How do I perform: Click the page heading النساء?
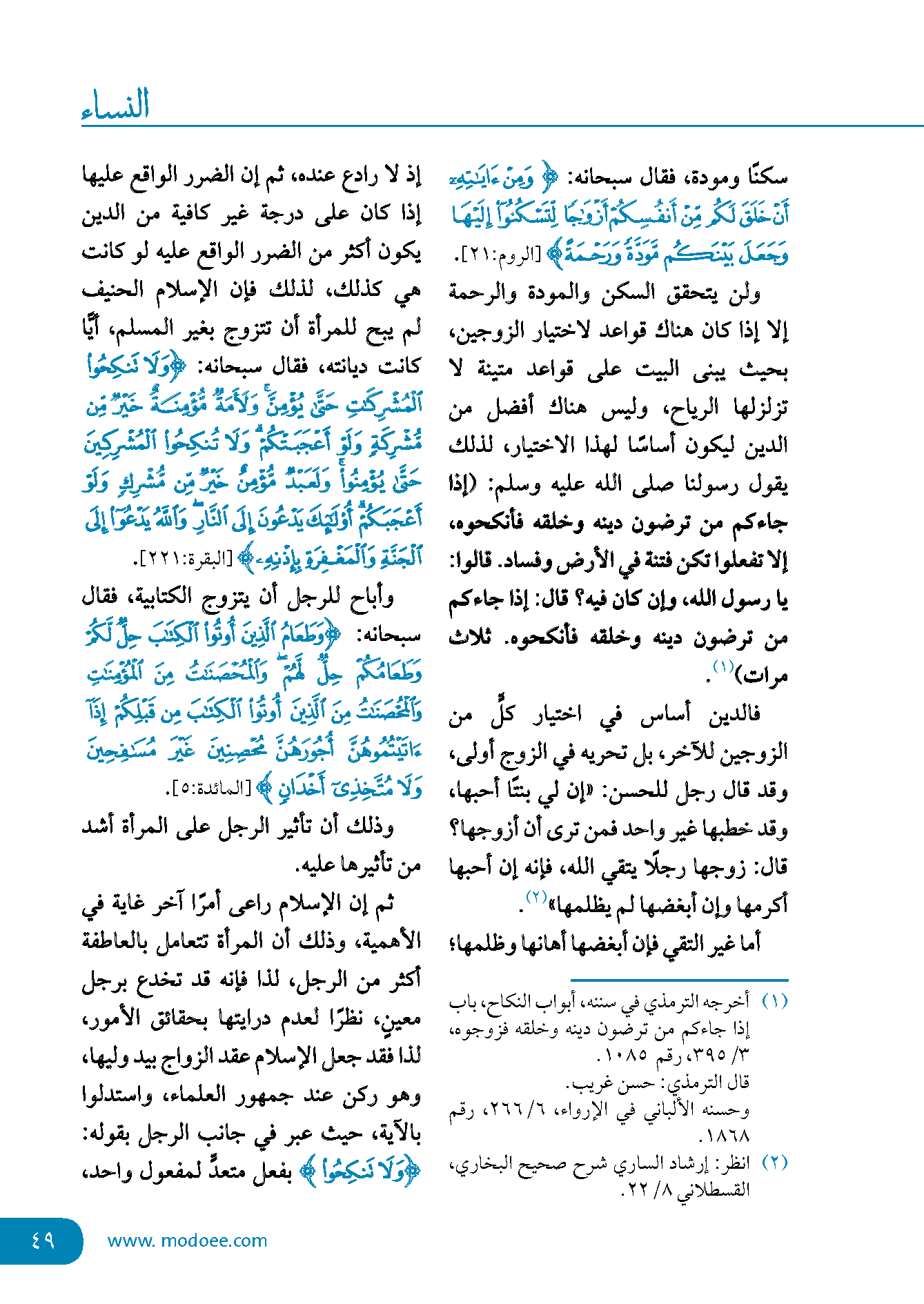pyautogui.click(x=115, y=105)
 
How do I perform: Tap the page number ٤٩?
pyautogui.click(x=43, y=1240)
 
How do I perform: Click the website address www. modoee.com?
pyautogui.click(x=187, y=1241)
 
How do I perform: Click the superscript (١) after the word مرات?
pyautogui.click(x=723, y=666)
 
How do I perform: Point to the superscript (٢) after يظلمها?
pyautogui.click(x=536, y=897)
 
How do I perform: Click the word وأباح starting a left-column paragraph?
pyautogui.click(x=373, y=597)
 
